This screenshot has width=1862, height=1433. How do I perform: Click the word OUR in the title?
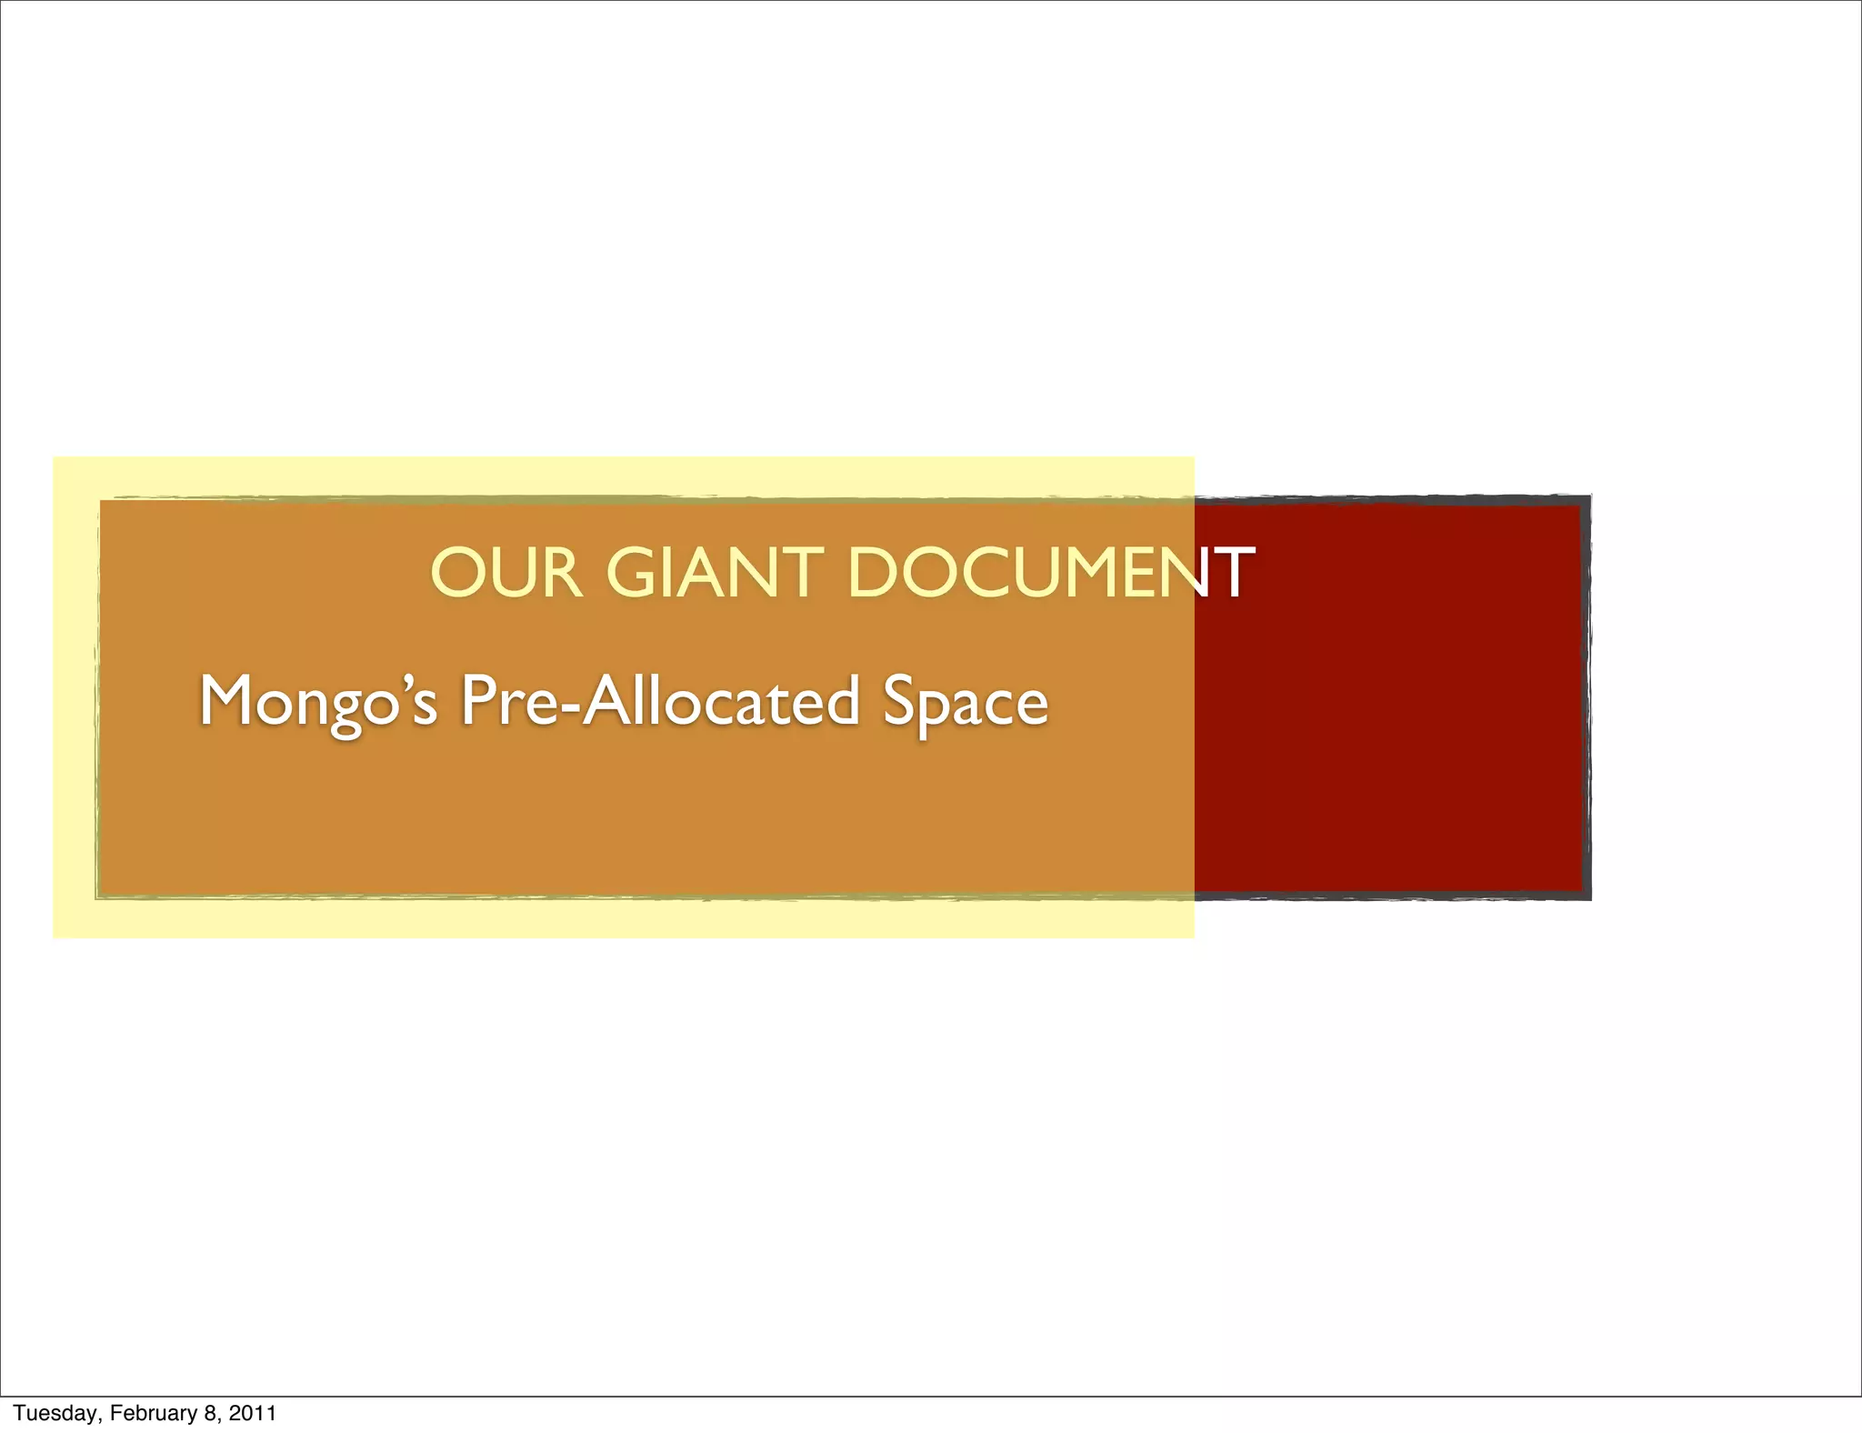(506, 573)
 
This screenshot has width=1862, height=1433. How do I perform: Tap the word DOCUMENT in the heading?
(1050, 573)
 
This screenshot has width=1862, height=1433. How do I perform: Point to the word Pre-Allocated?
(660, 702)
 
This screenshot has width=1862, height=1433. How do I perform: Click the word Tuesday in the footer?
(55, 1413)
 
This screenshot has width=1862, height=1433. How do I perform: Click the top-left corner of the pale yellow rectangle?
(55, 458)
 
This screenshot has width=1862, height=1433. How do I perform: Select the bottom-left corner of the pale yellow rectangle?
(55, 936)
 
